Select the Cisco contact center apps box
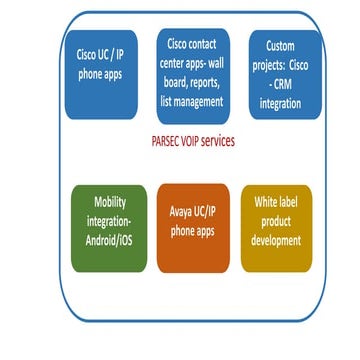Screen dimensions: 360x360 pyautogui.click(x=191, y=73)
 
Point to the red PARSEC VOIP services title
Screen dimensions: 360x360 pyautogui.click(x=187, y=141)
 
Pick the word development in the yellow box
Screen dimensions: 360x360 pyautogui.click(x=275, y=240)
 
